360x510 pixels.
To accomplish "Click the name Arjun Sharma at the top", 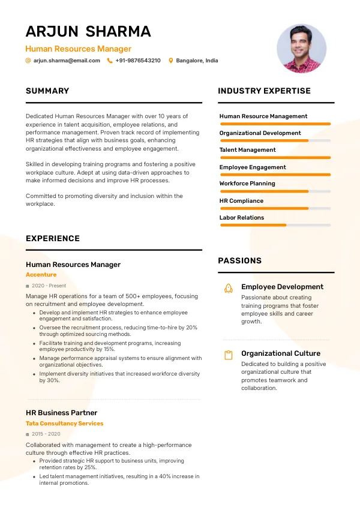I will click(x=88, y=31).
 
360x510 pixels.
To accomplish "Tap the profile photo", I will click(x=302, y=49).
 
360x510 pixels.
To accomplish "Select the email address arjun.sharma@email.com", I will click(x=67, y=61).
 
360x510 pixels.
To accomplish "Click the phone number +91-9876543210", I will click(x=138, y=61).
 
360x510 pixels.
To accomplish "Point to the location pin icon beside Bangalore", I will click(x=171, y=61).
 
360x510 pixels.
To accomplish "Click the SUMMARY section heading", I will click(x=47, y=91).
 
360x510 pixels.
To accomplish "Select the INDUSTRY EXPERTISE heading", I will click(x=264, y=91).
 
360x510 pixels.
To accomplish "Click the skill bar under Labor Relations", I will click(x=275, y=225).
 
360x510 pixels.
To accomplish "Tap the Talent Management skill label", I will click(x=248, y=150).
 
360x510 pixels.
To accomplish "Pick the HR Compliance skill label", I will click(x=241, y=201).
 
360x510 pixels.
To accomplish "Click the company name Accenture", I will click(x=41, y=275).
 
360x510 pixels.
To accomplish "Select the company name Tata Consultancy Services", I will click(x=64, y=424).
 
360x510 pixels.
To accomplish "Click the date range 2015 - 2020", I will click(x=46, y=434).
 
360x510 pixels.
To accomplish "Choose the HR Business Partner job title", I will click(x=61, y=413).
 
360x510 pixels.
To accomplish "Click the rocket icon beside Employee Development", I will click(x=228, y=288).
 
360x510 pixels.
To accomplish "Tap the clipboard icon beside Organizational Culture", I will click(x=228, y=355).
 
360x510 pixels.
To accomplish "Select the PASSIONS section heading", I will click(x=239, y=261).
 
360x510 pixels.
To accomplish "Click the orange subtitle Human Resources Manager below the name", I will click(x=78, y=49).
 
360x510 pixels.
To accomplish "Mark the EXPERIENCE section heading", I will click(x=53, y=239).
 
